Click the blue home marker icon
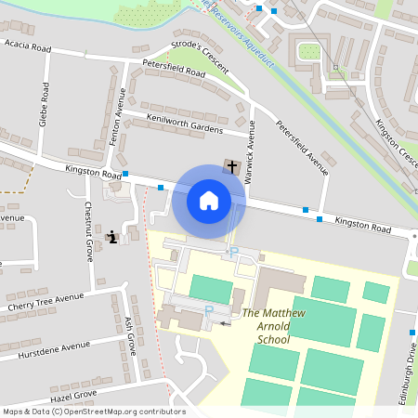pyautogui.click(x=209, y=201)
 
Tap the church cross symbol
pyautogui.click(x=231, y=167)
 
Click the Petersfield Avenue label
pyautogui.click(x=301, y=148)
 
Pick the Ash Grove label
pyautogui.click(x=130, y=334)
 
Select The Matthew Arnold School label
pyautogui.click(x=267, y=326)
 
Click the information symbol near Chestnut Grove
pyautogui.click(x=112, y=237)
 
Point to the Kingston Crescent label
pyautogui.click(x=395, y=145)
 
